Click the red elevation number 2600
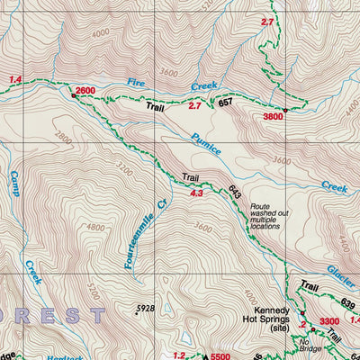(x=85, y=92)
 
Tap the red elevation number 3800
(x=273, y=116)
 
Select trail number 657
(x=226, y=103)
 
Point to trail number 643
(x=235, y=192)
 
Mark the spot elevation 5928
(x=145, y=309)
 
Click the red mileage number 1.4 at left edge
(x=14, y=80)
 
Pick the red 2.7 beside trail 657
(x=194, y=106)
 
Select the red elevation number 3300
(x=329, y=321)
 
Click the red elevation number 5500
(x=222, y=355)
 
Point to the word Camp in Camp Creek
(x=16, y=184)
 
